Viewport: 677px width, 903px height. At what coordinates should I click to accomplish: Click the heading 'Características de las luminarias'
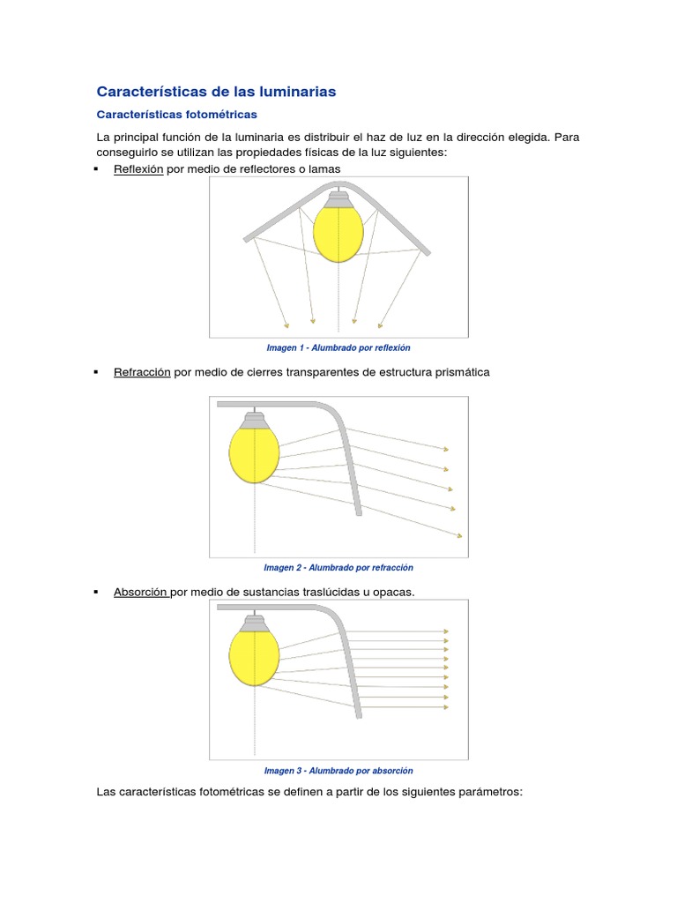[x=216, y=92]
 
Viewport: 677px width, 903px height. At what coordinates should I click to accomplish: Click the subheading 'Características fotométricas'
[x=176, y=115]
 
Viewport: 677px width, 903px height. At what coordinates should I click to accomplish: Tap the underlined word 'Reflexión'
[x=138, y=168]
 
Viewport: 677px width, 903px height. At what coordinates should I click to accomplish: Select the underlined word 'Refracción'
[x=142, y=372]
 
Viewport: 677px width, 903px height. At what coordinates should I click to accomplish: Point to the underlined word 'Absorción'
[x=141, y=592]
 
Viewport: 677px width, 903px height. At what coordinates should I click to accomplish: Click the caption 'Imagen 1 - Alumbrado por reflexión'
[x=338, y=347]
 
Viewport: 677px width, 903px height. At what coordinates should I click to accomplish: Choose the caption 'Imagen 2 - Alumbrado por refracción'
[x=338, y=568]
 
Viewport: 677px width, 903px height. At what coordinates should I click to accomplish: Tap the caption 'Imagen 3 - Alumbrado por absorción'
[x=338, y=771]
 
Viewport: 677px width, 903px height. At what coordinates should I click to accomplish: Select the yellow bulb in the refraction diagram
[x=255, y=451]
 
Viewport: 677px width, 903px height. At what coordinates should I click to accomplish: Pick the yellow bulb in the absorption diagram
[x=255, y=653]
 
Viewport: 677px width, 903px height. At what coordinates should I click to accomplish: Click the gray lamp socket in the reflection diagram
[x=338, y=196]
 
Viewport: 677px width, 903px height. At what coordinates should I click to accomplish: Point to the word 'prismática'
[x=459, y=372]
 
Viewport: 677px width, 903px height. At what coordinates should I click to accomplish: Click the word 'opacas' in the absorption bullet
[x=392, y=592]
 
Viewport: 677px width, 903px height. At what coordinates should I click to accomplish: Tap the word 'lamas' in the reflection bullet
[x=323, y=168]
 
